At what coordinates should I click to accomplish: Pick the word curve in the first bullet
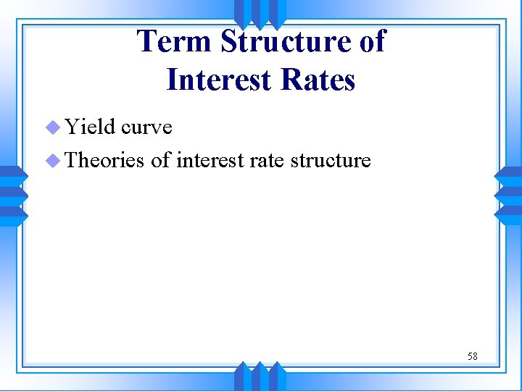click(146, 127)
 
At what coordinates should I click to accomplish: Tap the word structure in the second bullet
click(331, 160)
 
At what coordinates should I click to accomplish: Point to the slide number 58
click(472, 356)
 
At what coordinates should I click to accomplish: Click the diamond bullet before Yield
click(53, 127)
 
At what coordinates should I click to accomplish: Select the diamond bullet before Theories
click(53, 161)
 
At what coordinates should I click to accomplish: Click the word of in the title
click(372, 41)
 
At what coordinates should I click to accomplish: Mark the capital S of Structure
click(231, 41)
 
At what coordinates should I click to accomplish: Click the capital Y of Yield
click(72, 127)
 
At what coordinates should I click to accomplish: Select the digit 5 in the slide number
click(470, 356)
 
